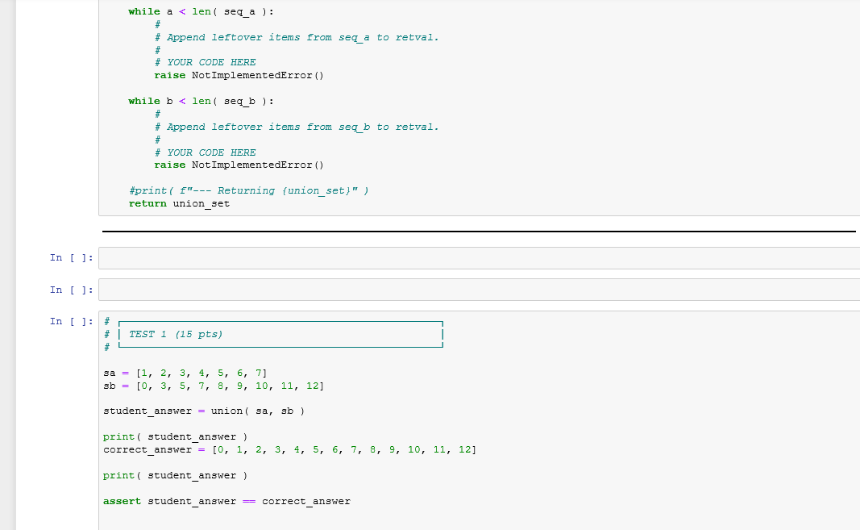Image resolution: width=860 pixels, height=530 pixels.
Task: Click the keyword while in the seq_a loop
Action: tap(144, 11)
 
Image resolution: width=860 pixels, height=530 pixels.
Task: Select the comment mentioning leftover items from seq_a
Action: tap(302, 37)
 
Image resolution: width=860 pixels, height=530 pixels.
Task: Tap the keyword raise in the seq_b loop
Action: tap(169, 165)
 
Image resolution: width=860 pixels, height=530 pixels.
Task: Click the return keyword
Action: tap(147, 203)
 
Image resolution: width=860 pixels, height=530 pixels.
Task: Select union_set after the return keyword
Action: tap(201, 203)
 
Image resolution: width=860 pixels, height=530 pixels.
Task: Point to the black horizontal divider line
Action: tap(479, 232)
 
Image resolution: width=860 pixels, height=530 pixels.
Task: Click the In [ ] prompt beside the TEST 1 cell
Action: tap(71, 321)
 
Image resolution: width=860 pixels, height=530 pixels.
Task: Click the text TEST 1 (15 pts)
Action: tap(176, 334)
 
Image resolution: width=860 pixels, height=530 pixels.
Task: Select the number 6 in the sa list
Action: tap(241, 373)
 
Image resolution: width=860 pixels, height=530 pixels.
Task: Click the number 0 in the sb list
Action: tap(143, 386)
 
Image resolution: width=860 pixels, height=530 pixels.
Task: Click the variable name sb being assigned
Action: tap(110, 386)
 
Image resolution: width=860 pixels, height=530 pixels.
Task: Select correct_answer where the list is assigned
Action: tap(147, 449)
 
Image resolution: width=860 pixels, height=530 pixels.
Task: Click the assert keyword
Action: tap(122, 501)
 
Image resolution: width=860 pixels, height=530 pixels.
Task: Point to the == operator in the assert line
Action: tap(249, 501)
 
